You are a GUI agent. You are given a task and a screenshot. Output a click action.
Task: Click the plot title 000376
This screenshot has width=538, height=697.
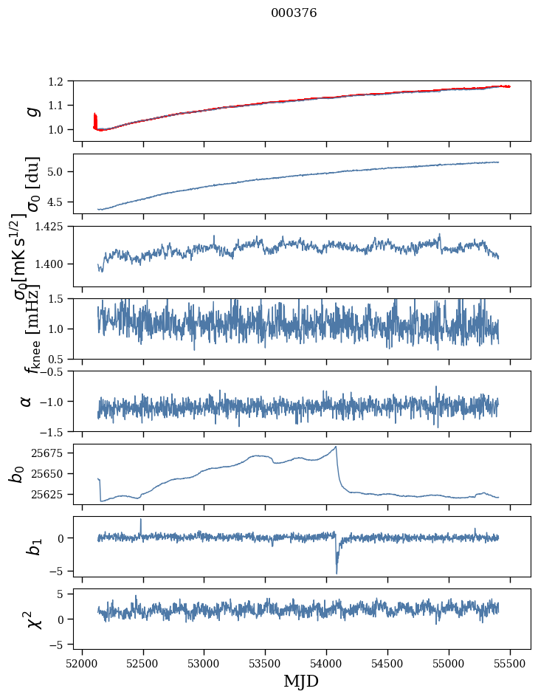point(294,13)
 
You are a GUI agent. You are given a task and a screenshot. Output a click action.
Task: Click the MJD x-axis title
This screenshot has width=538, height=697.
point(301,681)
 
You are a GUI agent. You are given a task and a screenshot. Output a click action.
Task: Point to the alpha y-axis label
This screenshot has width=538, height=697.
point(27,401)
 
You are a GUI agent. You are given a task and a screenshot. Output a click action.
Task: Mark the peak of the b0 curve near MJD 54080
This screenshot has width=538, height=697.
point(337,447)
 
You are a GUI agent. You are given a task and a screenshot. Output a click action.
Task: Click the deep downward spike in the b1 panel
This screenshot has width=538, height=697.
point(337,572)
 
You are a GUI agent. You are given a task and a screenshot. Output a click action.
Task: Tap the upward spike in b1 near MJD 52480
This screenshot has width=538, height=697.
point(141,520)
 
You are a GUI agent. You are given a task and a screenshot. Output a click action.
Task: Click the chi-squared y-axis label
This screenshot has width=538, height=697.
point(32,619)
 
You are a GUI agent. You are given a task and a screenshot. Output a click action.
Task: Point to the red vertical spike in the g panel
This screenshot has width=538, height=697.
point(95,120)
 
